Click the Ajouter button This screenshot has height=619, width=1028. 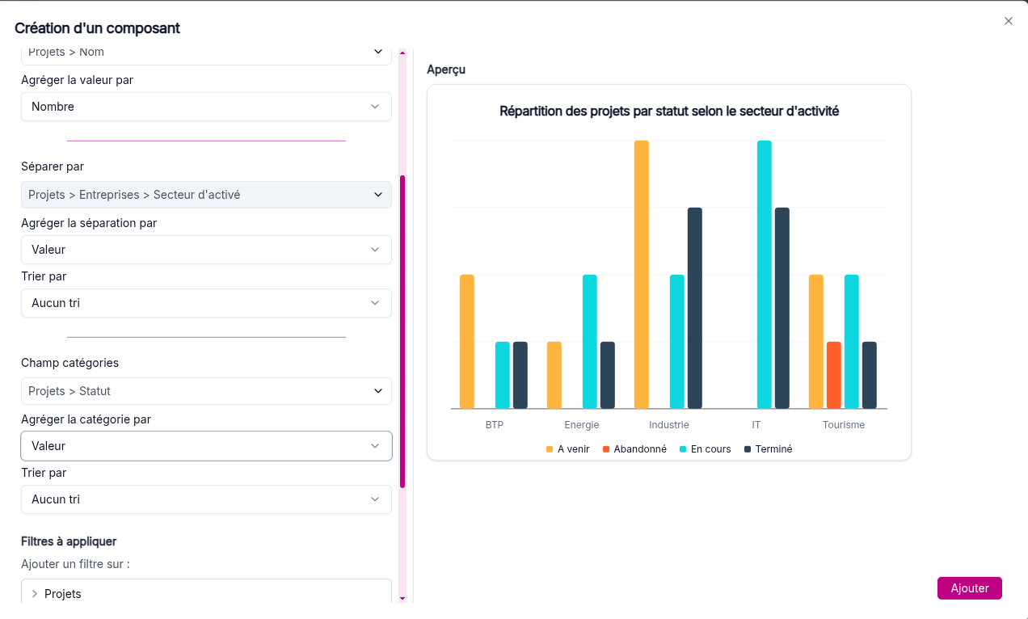tap(969, 588)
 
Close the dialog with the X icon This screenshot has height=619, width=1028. tap(1008, 21)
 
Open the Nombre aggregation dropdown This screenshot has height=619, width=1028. tap(206, 107)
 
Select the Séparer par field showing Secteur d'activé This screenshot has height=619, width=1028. tap(206, 195)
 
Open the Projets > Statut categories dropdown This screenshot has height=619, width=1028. tap(206, 391)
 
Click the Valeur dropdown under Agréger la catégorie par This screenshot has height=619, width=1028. tap(206, 446)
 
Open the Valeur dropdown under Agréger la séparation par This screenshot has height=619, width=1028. tap(206, 250)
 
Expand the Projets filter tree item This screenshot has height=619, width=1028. tap(35, 594)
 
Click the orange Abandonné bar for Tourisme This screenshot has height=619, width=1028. tap(833, 375)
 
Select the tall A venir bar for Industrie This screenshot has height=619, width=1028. tap(642, 275)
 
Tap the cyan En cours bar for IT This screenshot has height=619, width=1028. tap(764, 275)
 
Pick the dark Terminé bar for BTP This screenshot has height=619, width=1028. tap(520, 375)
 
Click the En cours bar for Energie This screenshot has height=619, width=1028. tap(590, 341)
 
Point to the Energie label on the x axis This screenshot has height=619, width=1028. tap(582, 425)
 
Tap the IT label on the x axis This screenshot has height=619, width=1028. tap(756, 425)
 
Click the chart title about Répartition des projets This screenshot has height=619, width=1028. tap(669, 112)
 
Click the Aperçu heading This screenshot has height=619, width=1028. tap(446, 69)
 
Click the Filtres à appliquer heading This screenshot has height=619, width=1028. tap(69, 541)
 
